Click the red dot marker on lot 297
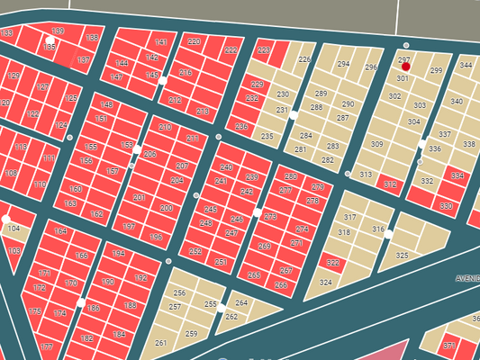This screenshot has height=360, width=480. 405,67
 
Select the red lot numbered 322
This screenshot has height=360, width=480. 333,263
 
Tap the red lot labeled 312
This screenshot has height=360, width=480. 390,184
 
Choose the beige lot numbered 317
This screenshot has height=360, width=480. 350,219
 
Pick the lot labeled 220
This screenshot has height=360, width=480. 195,42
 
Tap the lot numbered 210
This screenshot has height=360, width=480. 166,128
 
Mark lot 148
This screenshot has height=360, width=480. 106,105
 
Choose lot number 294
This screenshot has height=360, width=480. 343,65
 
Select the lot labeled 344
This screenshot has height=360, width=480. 466,66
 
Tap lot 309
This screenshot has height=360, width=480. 377,145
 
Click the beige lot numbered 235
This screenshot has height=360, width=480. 267,136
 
